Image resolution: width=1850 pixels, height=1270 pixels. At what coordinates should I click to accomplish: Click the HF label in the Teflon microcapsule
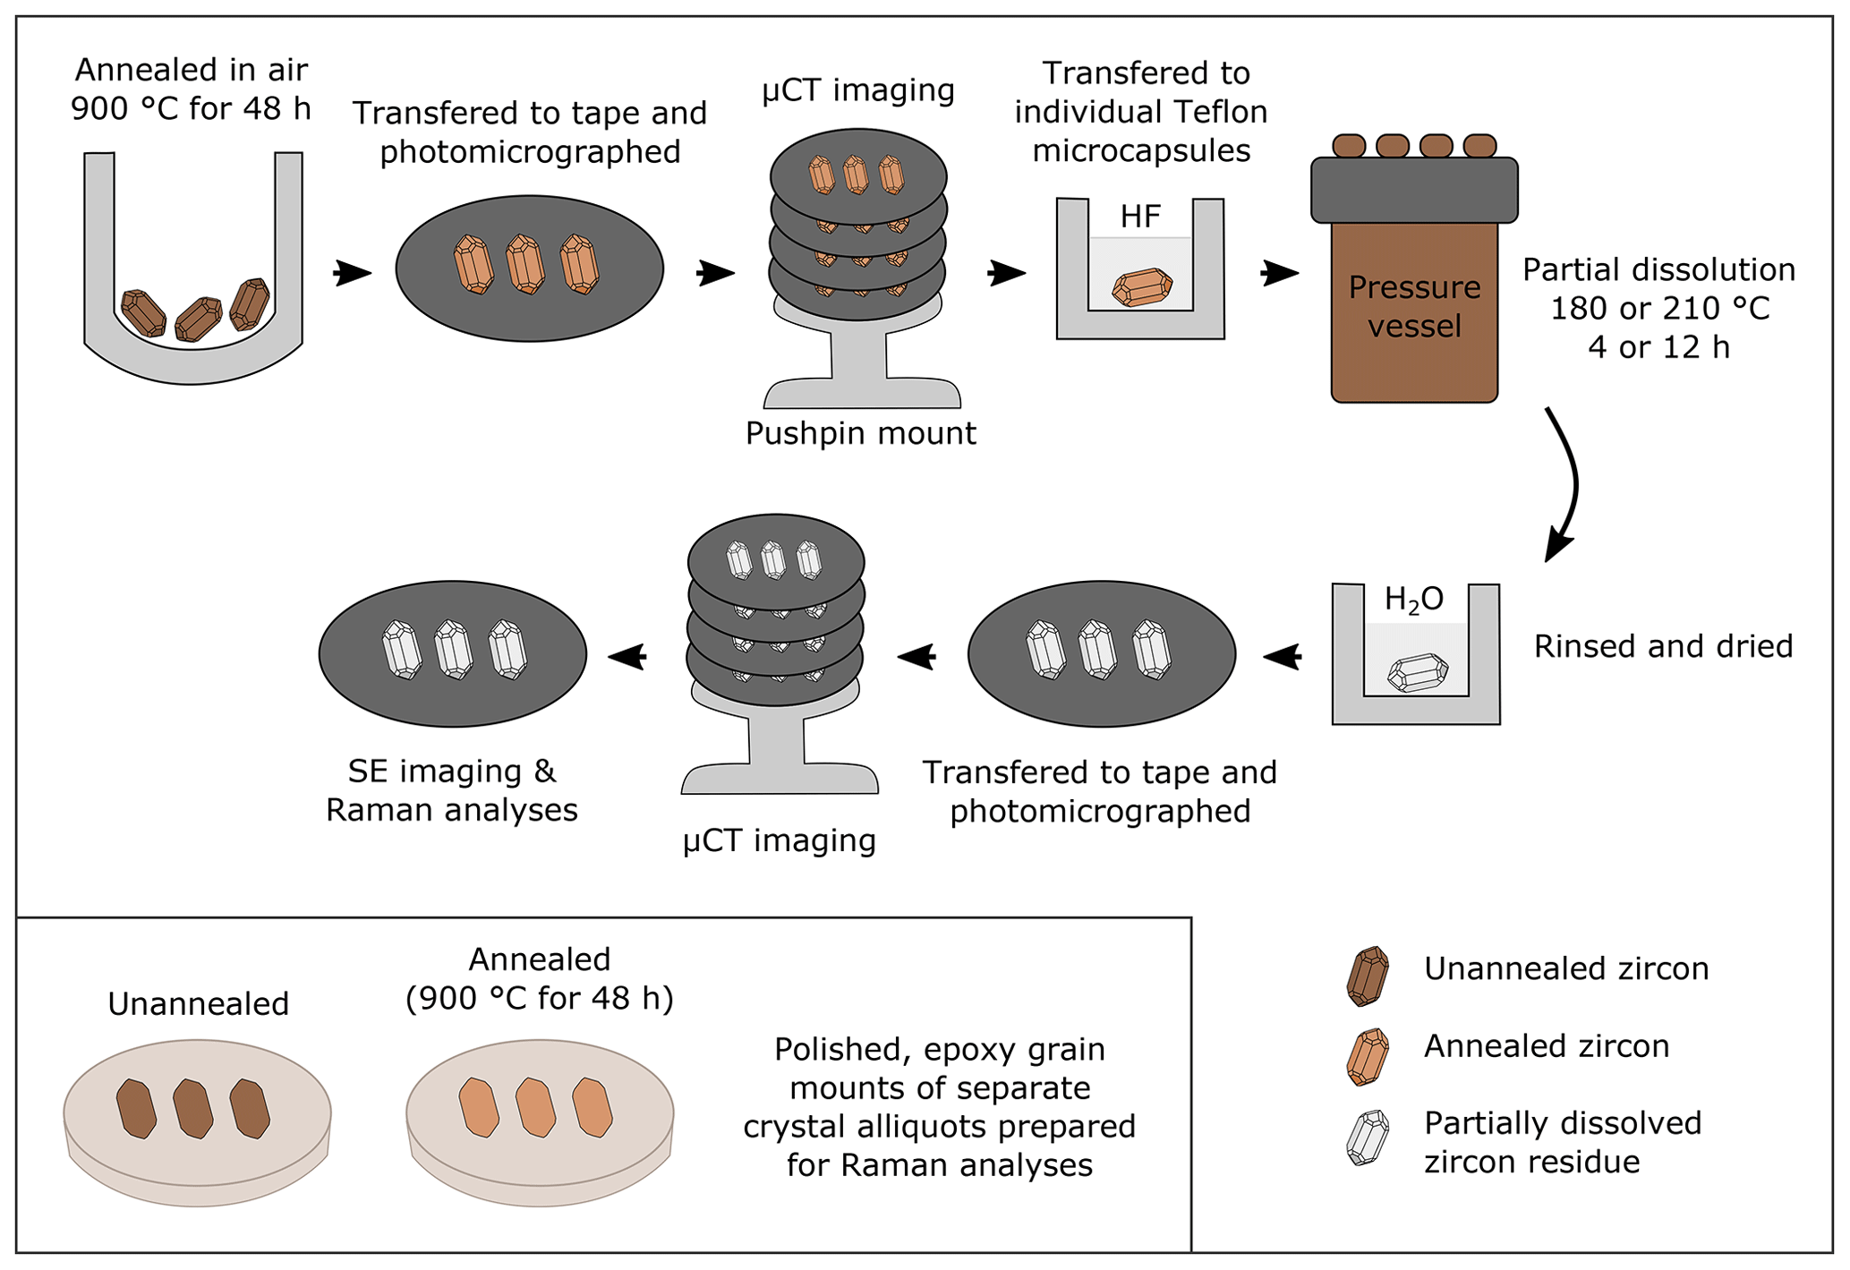[x=1140, y=217]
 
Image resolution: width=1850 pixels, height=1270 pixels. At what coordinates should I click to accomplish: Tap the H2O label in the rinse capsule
[x=1414, y=600]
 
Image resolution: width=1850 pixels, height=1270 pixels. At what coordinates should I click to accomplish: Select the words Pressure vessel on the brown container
[x=1414, y=306]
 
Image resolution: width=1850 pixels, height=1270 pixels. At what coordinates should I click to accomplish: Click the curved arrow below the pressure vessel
[x=1566, y=483]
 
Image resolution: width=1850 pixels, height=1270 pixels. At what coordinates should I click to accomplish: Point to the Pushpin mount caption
[x=860, y=433]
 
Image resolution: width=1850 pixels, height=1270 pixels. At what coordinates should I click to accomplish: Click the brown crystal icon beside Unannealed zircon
[x=1368, y=976]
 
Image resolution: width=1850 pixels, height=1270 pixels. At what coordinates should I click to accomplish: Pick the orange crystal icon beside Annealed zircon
[x=1368, y=1056]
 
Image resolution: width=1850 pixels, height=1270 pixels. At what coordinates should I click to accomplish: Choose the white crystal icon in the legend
[x=1368, y=1138]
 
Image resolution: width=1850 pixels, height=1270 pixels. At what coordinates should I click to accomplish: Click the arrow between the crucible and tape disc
[x=353, y=272]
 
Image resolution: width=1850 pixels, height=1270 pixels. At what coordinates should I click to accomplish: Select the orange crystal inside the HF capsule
[x=1142, y=287]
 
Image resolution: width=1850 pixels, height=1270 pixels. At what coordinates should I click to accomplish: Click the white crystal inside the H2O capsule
[x=1418, y=673]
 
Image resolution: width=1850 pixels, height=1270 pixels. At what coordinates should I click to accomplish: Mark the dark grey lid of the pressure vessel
[x=1414, y=190]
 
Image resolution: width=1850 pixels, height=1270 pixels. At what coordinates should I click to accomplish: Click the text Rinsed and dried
[x=1663, y=646]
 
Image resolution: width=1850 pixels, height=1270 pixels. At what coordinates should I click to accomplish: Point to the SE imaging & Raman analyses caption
[x=452, y=790]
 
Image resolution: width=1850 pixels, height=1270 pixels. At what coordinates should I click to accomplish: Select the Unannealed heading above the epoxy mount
[x=198, y=1004]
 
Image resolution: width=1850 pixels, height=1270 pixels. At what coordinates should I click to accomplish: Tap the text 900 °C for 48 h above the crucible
[x=191, y=108]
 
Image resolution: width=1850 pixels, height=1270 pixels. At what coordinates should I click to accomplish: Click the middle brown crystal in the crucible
[x=198, y=320]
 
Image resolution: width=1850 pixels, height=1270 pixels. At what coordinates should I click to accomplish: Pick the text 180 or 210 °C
[x=1659, y=308]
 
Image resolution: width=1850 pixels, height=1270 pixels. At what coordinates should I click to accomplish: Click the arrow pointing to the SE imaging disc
[x=627, y=657]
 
